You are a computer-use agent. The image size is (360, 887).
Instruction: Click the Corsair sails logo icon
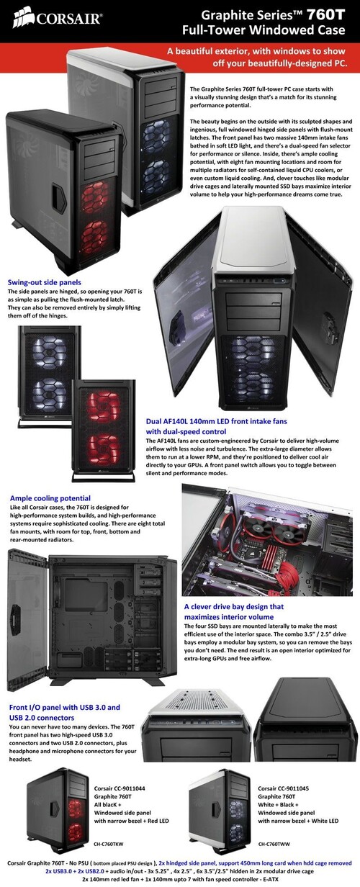pos(23,17)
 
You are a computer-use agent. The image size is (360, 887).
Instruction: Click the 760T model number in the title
pos(326,15)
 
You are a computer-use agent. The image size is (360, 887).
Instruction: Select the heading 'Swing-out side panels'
pos(45,282)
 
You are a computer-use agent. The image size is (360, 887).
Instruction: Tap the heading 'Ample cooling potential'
pos(50,498)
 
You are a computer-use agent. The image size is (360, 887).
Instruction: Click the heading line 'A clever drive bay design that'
pos(234,607)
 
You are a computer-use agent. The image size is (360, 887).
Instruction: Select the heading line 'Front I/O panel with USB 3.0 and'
pos(65,707)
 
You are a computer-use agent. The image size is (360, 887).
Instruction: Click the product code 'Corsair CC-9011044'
pos(120,788)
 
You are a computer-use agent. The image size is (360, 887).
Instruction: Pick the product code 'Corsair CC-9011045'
pos(284,788)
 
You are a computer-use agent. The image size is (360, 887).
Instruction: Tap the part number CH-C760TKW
pos(109,844)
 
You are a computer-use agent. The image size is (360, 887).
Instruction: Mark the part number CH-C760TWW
pos(274,844)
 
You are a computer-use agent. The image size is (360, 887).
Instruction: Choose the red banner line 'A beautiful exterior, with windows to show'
pos(256,51)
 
